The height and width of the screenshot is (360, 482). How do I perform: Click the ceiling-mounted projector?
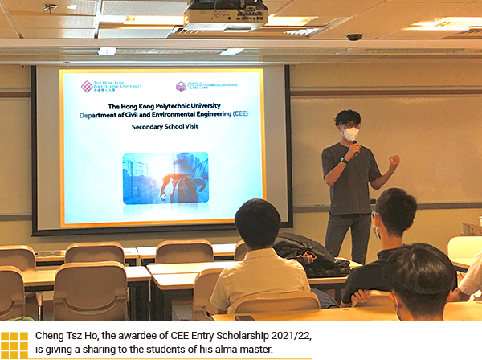click(224, 14)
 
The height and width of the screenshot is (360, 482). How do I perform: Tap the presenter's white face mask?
click(350, 133)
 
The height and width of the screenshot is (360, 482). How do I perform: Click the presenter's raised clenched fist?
click(394, 162)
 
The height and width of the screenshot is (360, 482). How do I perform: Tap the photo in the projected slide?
click(165, 178)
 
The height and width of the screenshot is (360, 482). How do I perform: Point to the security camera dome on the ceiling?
click(354, 37)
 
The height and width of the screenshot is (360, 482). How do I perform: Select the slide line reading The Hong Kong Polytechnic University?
click(164, 105)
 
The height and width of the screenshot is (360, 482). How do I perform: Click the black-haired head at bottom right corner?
click(419, 277)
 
